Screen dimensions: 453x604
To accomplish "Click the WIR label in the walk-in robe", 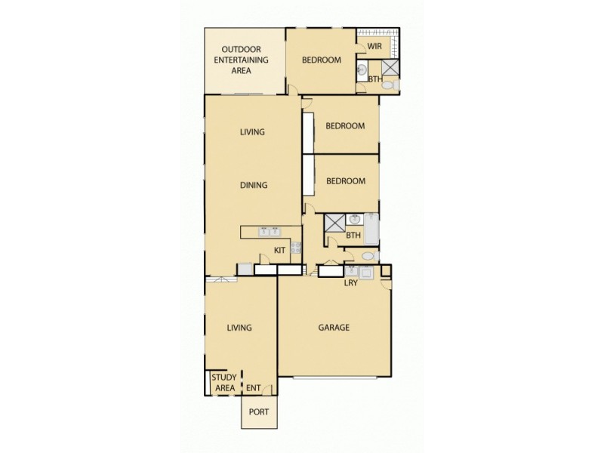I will (x=374, y=47).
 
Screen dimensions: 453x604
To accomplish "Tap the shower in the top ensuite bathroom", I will (x=391, y=68).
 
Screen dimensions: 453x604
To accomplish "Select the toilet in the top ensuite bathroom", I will (x=388, y=87).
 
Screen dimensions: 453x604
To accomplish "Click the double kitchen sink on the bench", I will (x=270, y=232).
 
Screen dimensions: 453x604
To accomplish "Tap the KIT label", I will (x=279, y=249).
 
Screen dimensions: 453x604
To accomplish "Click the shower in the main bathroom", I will (x=334, y=224).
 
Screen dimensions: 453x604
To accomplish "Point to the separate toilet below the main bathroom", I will (x=368, y=257).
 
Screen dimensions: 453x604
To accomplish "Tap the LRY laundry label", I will (x=351, y=284).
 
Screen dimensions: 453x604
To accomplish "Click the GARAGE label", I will (x=334, y=328).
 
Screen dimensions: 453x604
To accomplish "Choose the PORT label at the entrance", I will (x=259, y=412).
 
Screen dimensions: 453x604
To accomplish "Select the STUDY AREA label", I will (x=224, y=383).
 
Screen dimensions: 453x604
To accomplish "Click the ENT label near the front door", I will (x=254, y=389).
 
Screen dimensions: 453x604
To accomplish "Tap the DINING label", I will (x=254, y=185).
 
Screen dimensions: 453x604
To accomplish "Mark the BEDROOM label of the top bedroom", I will (x=322, y=60).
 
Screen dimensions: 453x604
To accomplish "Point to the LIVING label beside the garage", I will (x=239, y=328).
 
